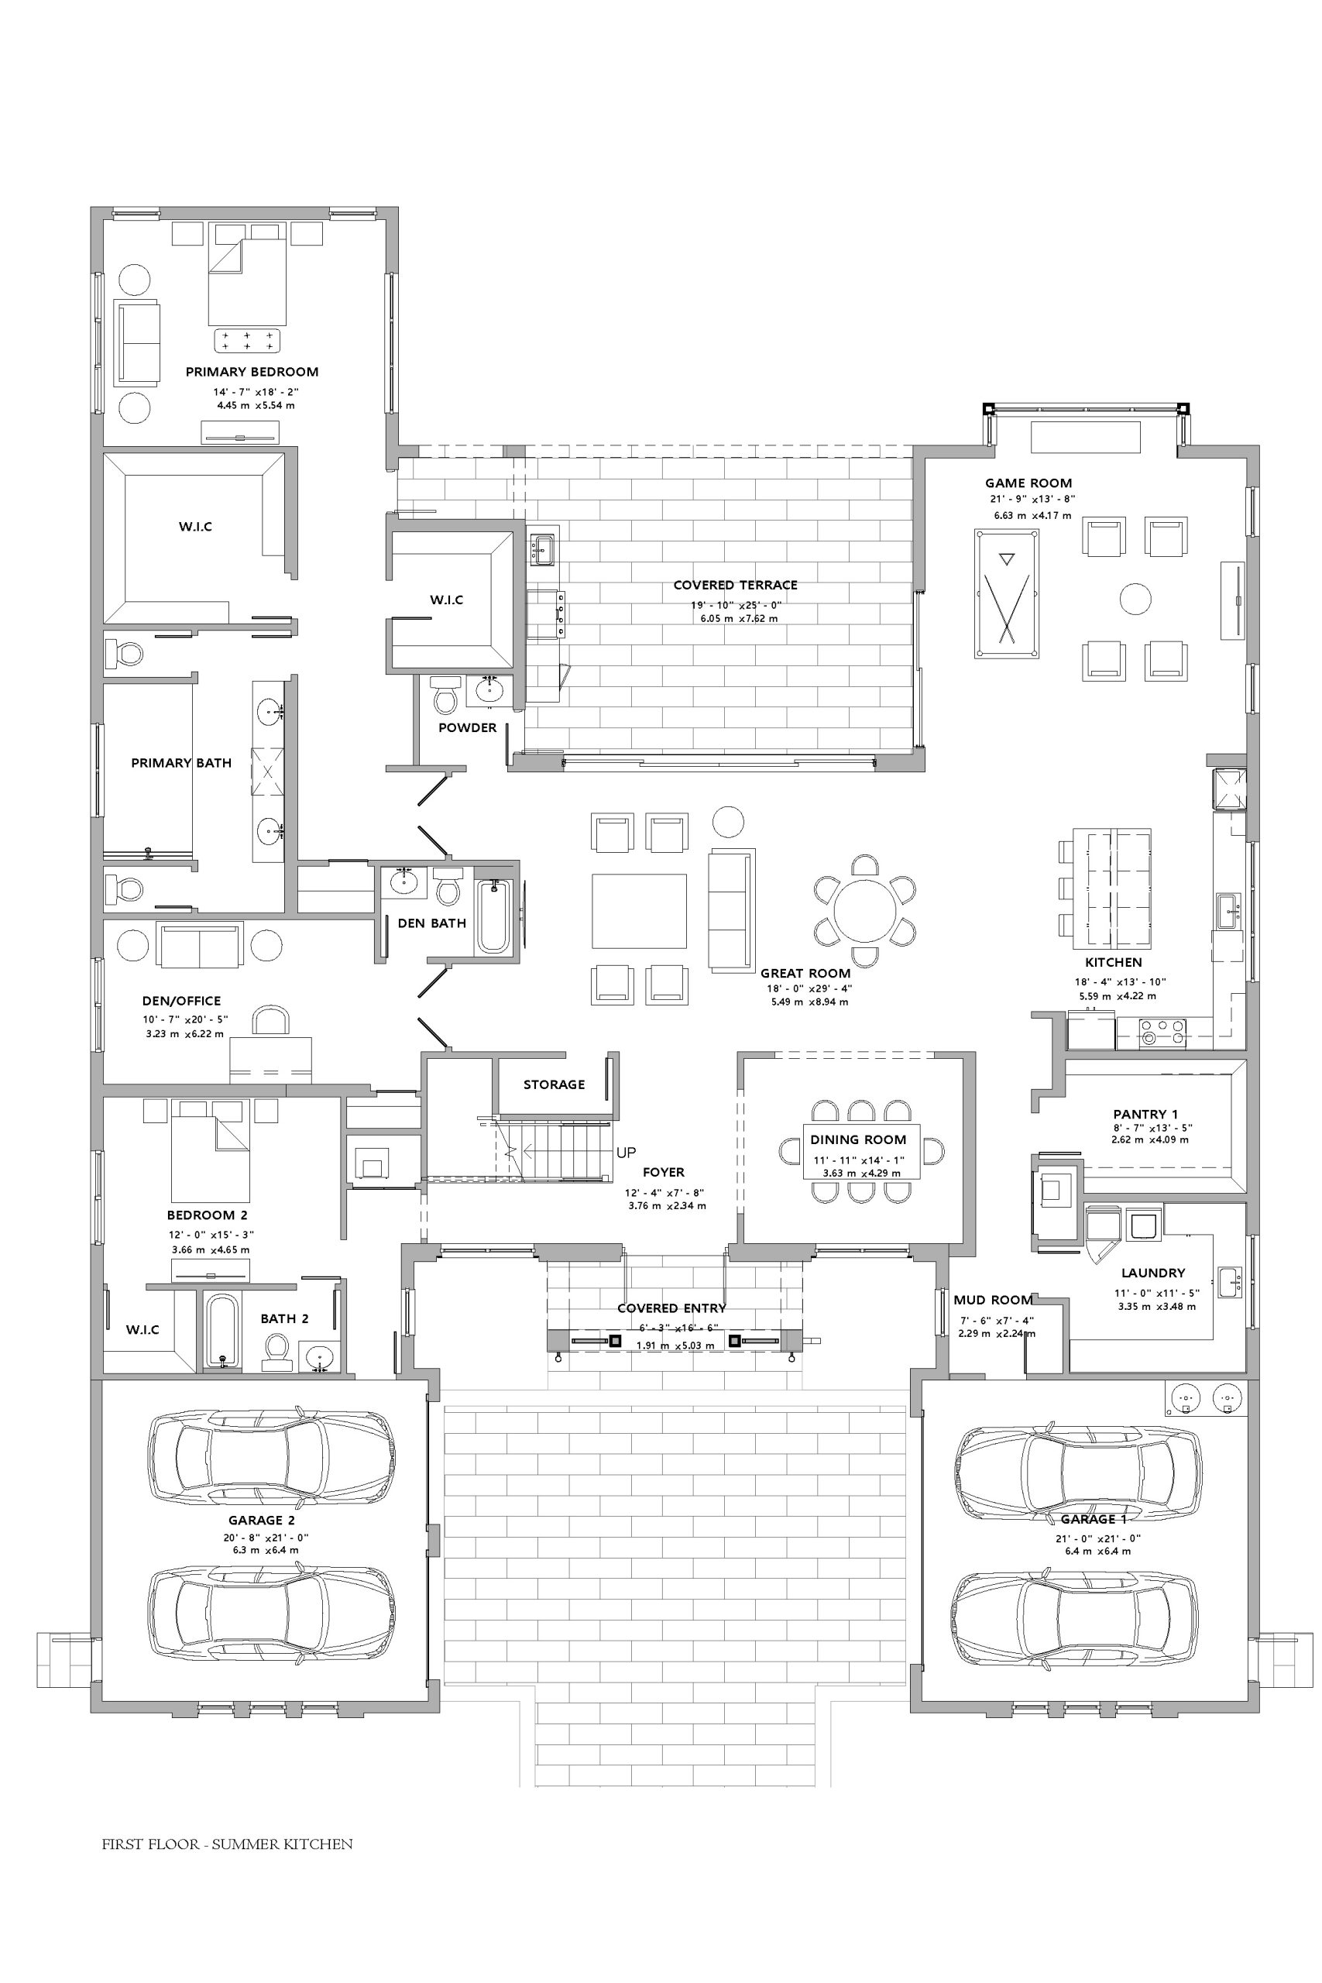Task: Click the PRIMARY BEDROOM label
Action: click(252, 372)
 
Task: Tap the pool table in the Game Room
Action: click(1007, 593)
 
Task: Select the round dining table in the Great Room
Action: click(865, 911)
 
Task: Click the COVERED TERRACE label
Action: click(735, 585)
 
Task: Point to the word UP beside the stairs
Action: click(627, 1153)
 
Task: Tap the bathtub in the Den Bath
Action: click(494, 916)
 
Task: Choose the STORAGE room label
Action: click(554, 1084)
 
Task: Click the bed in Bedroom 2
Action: click(210, 1151)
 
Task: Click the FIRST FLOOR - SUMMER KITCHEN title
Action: click(228, 1844)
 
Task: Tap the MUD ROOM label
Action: click(993, 1300)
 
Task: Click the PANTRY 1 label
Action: click(1145, 1114)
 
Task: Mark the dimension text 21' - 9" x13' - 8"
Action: click(1033, 499)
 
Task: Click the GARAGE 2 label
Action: click(261, 1520)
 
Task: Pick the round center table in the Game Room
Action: click(1135, 600)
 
